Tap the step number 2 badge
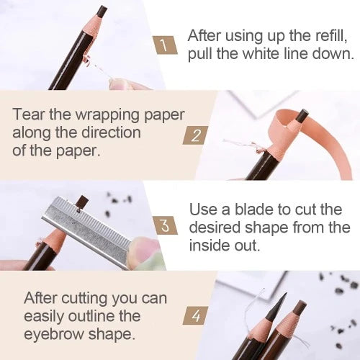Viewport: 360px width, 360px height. point(194,134)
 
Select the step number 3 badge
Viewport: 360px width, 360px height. point(166,226)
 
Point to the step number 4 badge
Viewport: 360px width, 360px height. point(194,315)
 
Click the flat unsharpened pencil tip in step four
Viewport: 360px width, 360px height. point(300,307)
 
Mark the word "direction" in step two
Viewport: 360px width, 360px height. point(114,133)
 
